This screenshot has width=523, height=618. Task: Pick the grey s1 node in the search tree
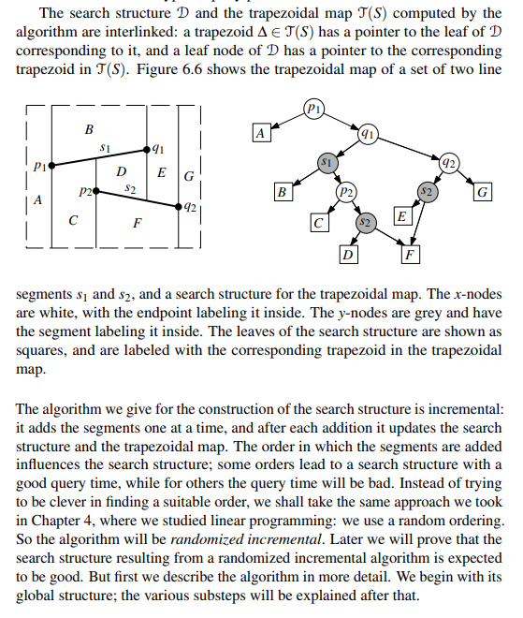tap(326, 163)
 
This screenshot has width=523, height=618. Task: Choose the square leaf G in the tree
tap(483, 193)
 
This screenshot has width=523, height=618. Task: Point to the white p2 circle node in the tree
tap(346, 193)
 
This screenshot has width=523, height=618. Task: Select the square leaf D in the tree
tap(347, 253)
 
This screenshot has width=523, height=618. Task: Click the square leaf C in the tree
tap(319, 224)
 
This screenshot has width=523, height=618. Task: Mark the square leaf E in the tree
tap(400, 217)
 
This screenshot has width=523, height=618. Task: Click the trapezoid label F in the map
tap(138, 223)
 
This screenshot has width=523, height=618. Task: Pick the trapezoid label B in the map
tap(89, 128)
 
